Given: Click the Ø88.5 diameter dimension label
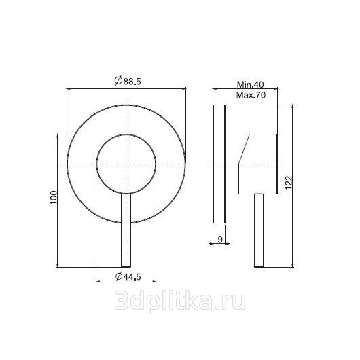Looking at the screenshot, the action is pyautogui.click(x=128, y=81).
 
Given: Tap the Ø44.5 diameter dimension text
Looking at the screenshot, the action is pyautogui.click(x=128, y=276).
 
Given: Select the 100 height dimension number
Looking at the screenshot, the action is pyautogui.click(x=53, y=198).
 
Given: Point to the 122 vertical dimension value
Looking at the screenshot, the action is pyautogui.click(x=289, y=183).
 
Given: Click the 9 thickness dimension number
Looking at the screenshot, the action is pyautogui.click(x=220, y=239).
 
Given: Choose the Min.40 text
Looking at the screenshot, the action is pyautogui.click(x=251, y=84).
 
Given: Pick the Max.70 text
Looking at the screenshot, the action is pyautogui.click(x=251, y=95).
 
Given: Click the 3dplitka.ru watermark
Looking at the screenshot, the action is pyautogui.click(x=180, y=301).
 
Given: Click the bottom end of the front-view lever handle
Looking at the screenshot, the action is pyautogui.click(x=126, y=267).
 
